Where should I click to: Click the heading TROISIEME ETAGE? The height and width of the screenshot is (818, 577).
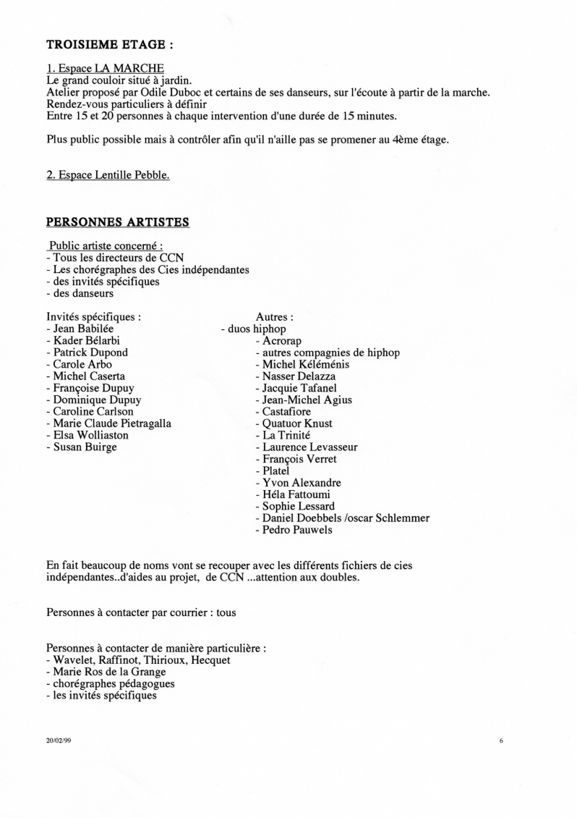coord(109,44)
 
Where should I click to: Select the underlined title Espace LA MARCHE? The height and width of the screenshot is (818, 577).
coord(105,69)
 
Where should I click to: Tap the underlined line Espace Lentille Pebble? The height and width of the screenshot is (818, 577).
coord(108,174)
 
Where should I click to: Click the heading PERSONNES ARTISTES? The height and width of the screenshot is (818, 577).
coord(118,222)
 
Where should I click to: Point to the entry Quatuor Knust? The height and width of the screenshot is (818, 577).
coord(297,423)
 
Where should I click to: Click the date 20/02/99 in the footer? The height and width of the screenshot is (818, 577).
coord(56,741)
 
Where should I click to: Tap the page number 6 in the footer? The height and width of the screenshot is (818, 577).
coord(500,741)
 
